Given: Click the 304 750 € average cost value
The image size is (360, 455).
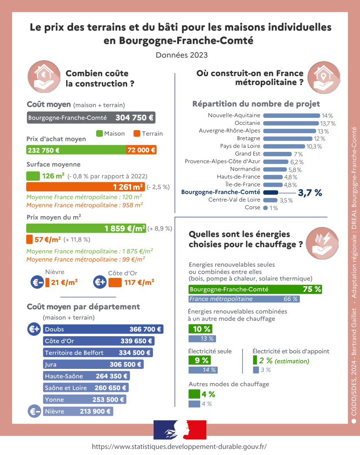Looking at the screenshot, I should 134,118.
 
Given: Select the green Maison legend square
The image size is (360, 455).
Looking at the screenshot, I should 99,134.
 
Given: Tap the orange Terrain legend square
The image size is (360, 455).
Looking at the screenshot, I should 137,134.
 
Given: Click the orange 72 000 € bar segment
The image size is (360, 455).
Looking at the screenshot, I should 141,150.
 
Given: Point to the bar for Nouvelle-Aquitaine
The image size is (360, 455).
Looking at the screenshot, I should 291,116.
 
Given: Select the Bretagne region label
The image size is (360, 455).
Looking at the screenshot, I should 249,138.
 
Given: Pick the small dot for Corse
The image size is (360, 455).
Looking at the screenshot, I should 266,208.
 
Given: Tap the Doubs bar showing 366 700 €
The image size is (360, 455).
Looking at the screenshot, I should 103,330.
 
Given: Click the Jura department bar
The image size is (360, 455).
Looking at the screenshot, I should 93,365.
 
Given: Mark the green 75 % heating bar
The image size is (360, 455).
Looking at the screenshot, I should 255,289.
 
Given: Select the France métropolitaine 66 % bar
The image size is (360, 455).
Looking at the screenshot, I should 244,299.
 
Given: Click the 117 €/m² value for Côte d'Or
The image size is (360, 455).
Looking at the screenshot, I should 139,282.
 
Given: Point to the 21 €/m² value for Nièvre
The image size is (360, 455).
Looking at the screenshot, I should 64,282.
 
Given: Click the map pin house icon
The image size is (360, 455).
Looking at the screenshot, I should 323,75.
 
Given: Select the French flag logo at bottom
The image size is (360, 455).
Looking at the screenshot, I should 180,430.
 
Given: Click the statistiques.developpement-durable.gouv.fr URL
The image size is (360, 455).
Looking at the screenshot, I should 179,446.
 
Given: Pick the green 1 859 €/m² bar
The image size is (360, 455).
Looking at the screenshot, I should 86,228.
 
